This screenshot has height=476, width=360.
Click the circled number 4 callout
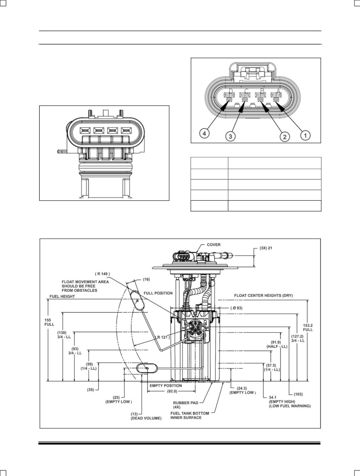coord(204,133)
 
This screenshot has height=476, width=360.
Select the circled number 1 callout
coord(305,136)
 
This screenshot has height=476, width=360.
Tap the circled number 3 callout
coord(230,136)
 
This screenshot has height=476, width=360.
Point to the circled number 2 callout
coord(285,137)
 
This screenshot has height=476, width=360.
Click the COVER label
coord(214,245)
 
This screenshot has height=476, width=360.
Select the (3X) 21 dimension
coord(266,248)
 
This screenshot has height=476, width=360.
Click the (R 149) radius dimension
coord(102,274)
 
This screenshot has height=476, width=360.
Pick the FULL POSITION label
coord(158,293)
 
